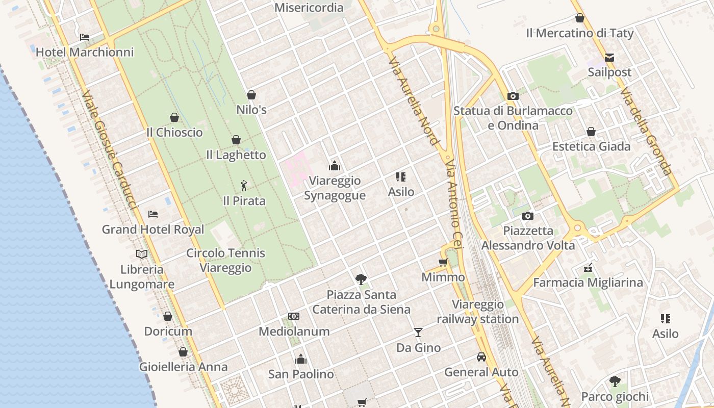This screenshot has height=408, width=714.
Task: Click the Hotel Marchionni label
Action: pyautogui.click(x=85, y=52)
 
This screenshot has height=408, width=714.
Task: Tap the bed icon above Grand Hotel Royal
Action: pyautogui.click(x=153, y=214)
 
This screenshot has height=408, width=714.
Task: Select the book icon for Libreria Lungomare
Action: pyautogui.click(x=142, y=254)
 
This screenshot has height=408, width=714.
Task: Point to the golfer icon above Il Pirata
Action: pyautogui.click(x=244, y=186)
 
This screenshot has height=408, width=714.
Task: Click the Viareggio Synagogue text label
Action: pyautogui.click(x=335, y=188)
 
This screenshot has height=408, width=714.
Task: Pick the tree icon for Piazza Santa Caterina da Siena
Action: pyautogui.click(x=361, y=279)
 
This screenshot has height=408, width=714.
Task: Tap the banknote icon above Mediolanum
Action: pyautogui.click(x=294, y=316)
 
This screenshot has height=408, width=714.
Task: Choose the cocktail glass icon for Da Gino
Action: pyautogui.click(x=418, y=333)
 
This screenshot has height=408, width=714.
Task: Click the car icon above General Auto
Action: pyautogui.click(x=481, y=357)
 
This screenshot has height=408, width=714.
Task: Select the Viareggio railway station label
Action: pyautogui.click(x=478, y=312)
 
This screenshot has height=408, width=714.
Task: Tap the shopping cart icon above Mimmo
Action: pyautogui.click(x=443, y=263)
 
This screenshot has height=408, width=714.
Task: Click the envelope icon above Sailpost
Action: pyautogui.click(x=609, y=57)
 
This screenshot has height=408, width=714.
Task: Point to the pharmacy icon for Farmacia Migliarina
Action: pyautogui.click(x=588, y=267)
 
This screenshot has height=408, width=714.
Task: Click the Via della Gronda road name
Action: pyautogui.click(x=646, y=131)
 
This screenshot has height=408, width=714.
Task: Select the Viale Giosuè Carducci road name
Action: pyautogui.click(x=110, y=150)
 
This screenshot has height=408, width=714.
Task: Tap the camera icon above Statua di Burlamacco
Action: pyautogui.click(x=513, y=96)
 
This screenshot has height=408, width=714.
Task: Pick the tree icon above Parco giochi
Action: pyautogui.click(x=615, y=381)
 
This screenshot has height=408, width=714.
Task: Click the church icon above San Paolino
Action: pyautogui.click(x=301, y=359)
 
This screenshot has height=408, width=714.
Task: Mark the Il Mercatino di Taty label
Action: pyautogui.click(x=580, y=34)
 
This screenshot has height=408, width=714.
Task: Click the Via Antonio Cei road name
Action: pyautogui.click(x=453, y=203)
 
